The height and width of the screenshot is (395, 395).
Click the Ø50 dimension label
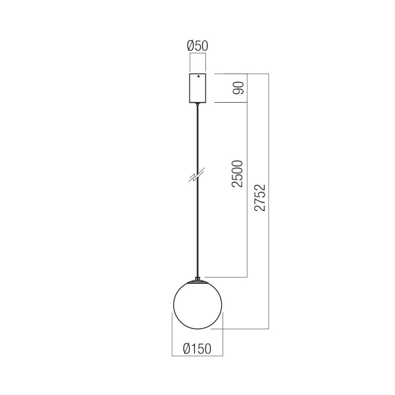pos(197,45)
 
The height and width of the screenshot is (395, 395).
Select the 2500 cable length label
pos(237,173)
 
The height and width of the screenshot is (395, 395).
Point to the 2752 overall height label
pos(260,197)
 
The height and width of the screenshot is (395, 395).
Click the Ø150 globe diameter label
pos(197,349)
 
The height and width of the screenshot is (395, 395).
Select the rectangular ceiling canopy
pos(197,88)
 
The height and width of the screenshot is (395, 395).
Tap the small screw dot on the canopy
pos(198,77)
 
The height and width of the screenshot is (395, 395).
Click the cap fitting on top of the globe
pos(197,280)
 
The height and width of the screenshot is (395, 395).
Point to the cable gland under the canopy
pos(197,104)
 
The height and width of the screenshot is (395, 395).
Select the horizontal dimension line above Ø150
pos(197,355)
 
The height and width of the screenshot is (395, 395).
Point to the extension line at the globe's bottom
pos(242,328)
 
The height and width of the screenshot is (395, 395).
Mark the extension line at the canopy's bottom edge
pos(230,103)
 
